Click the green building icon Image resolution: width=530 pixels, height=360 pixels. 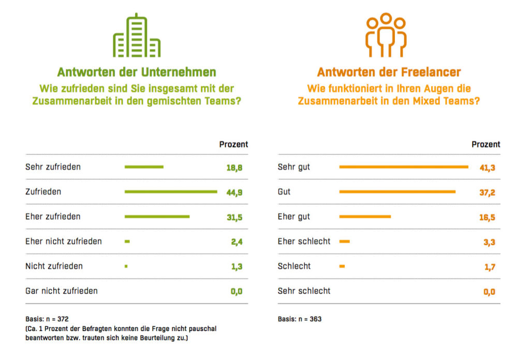point(137,36)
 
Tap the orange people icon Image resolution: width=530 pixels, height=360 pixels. point(386,35)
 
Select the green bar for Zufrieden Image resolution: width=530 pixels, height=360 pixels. point(171,192)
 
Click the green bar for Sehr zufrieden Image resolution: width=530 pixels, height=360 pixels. point(144,167)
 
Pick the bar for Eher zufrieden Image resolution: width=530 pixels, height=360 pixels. point(157,217)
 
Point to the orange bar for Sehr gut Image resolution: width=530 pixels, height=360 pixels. point(403,167)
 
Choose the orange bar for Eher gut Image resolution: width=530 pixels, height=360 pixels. point(365,217)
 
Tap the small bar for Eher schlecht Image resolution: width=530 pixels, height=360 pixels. point(344,242)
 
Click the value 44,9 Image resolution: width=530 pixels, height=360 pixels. point(234,192)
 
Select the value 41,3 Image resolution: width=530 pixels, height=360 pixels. point(487,168)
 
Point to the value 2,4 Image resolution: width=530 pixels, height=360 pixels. point(237,242)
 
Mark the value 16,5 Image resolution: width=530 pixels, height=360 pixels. point(487,217)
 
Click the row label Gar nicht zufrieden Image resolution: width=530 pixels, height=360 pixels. point(62,291)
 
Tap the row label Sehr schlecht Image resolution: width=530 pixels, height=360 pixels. point(304,291)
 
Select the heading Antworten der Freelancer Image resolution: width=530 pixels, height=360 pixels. point(389,72)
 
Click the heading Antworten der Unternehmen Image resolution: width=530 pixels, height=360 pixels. point(137,72)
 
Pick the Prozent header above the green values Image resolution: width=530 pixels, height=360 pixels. point(233,144)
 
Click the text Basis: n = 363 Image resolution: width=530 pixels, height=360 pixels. point(300,319)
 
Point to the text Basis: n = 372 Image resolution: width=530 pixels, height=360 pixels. point(47,319)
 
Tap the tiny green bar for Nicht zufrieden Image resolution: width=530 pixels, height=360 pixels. point(126,266)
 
